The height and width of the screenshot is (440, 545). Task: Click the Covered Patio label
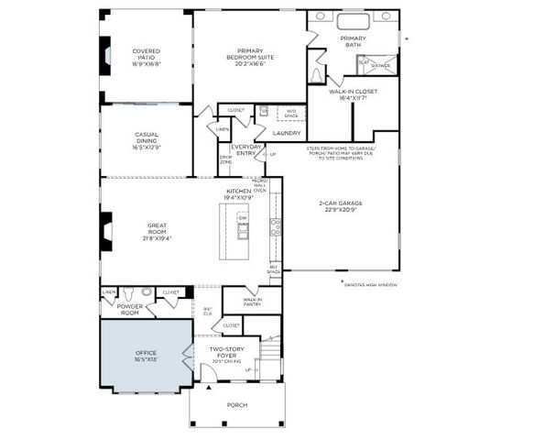(146, 56)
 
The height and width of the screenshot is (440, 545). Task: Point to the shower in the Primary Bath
(381, 65)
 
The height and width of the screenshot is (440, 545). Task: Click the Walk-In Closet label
(353, 94)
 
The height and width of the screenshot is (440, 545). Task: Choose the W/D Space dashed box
(291, 114)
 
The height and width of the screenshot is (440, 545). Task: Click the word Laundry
(287, 133)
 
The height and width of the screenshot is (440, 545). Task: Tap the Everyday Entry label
(246, 149)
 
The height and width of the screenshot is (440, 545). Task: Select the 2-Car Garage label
(341, 205)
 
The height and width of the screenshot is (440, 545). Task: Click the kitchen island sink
(243, 232)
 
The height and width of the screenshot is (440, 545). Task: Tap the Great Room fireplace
(106, 230)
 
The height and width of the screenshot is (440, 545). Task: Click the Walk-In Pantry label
(253, 302)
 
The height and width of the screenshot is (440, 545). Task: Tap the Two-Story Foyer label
(226, 353)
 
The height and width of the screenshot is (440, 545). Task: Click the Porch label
(236, 404)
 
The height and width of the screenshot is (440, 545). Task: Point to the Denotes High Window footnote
(375, 284)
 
